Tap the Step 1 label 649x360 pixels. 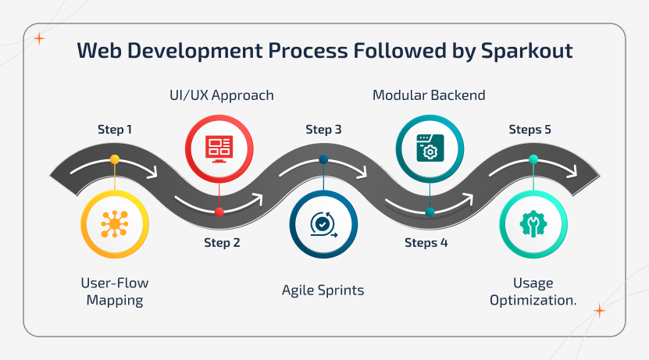pos(115,129)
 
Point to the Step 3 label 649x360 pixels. pos(323,129)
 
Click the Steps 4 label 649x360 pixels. pos(426,242)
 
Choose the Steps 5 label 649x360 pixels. pos(530,129)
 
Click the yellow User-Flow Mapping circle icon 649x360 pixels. pos(115,225)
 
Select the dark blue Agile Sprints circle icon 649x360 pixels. pos(323,225)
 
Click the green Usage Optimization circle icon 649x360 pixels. pos(533,225)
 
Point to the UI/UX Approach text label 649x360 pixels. pos(223,96)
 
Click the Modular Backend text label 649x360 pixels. pos(429,96)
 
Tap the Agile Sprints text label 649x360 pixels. pos(323,290)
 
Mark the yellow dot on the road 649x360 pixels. pos(115,159)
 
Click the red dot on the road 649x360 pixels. pos(219,212)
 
